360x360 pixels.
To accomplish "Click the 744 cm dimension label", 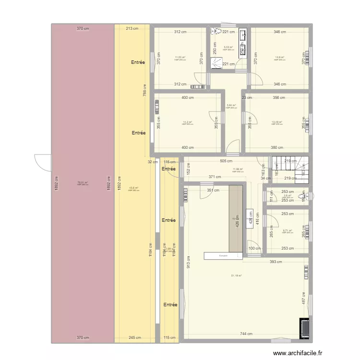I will click(246, 334).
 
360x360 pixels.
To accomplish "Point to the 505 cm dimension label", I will click(227, 161).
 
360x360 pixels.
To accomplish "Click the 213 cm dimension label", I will click(132, 29).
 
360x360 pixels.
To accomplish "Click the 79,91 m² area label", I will click(83, 182).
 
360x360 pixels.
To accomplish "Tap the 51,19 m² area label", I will click(236, 276).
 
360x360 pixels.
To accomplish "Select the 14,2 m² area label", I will click(187, 122).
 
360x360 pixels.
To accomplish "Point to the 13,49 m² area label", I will click(277, 122).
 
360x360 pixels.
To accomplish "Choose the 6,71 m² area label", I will click(288, 230).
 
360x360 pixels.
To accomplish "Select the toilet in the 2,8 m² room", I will click(302, 196).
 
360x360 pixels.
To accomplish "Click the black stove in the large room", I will click(304, 328).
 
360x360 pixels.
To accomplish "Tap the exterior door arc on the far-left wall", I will click(42, 162).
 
